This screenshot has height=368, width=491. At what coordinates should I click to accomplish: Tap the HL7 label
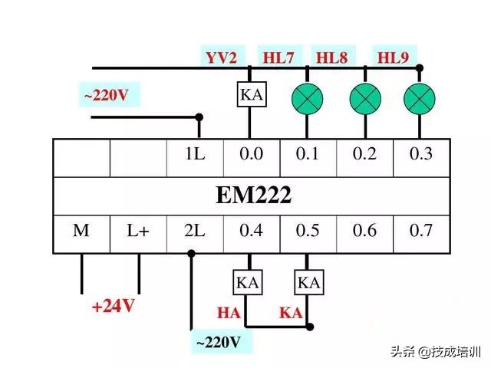(278, 56)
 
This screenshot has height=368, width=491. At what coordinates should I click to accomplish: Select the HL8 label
(331, 56)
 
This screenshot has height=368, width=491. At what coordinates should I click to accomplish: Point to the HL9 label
(392, 56)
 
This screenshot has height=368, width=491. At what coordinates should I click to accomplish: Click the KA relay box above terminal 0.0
(251, 94)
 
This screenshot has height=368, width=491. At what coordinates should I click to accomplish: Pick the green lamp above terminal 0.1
(307, 97)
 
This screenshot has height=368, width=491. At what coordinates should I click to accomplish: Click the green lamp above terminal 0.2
(364, 97)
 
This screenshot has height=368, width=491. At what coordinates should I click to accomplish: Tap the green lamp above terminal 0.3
(419, 97)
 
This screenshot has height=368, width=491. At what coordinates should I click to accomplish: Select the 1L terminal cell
(195, 154)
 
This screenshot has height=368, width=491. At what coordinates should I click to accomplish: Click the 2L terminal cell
(195, 231)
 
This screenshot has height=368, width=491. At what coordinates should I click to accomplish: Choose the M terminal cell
(81, 231)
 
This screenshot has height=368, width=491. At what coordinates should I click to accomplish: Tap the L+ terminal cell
(138, 231)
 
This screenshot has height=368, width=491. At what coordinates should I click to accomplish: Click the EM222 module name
(253, 195)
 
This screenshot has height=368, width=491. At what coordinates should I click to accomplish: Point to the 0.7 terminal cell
(420, 231)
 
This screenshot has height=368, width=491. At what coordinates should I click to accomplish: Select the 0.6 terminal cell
(364, 231)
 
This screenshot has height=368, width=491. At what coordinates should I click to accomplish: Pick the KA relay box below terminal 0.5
(308, 282)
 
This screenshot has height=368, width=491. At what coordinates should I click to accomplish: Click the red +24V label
(114, 306)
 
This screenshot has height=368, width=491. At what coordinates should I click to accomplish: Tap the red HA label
(229, 313)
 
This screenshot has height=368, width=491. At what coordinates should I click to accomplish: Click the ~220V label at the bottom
(219, 341)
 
